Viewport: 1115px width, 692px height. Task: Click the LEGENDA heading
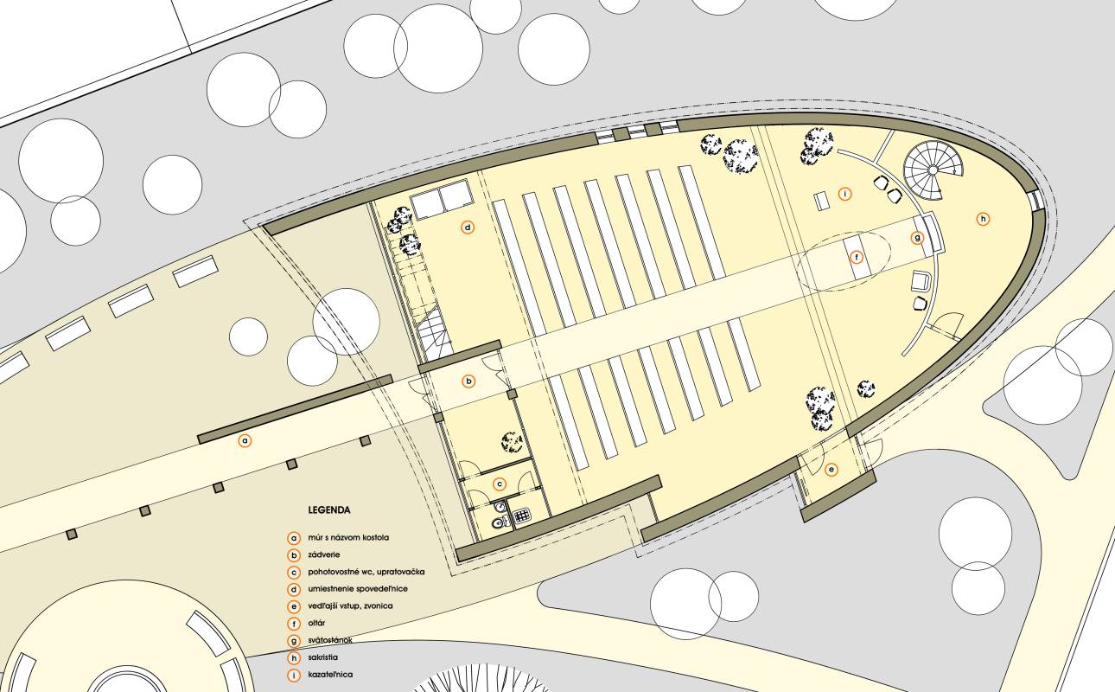[329, 510]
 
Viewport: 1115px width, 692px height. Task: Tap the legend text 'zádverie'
[323, 554]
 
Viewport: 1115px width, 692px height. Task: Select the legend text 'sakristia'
[322, 657]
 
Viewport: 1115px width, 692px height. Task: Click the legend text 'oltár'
[316, 623]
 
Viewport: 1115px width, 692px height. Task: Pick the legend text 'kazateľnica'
[330, 674]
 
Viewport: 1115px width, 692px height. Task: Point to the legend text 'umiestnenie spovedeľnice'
[357, 588]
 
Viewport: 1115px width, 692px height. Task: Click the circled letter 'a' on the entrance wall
[245, 441]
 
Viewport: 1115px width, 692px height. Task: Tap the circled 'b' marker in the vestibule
[468, 381]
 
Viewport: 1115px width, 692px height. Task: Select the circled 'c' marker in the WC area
[500, 484]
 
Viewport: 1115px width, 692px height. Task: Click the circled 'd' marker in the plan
[468, 227]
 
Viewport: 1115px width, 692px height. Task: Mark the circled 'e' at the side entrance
[831, 470]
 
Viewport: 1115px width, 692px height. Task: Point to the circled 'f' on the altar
[857, 258]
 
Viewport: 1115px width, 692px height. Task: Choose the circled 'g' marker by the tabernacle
[917, 238]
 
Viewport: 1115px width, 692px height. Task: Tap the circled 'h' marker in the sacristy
[983, 219]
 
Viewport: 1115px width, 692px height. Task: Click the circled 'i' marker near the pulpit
[844, 194]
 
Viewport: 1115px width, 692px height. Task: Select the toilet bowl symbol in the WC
[499, 522]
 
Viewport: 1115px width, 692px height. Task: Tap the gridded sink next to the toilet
[522, 516]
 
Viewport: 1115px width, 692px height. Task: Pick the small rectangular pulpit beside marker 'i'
[822, 202]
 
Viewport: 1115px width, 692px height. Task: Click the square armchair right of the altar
[921, 281]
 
